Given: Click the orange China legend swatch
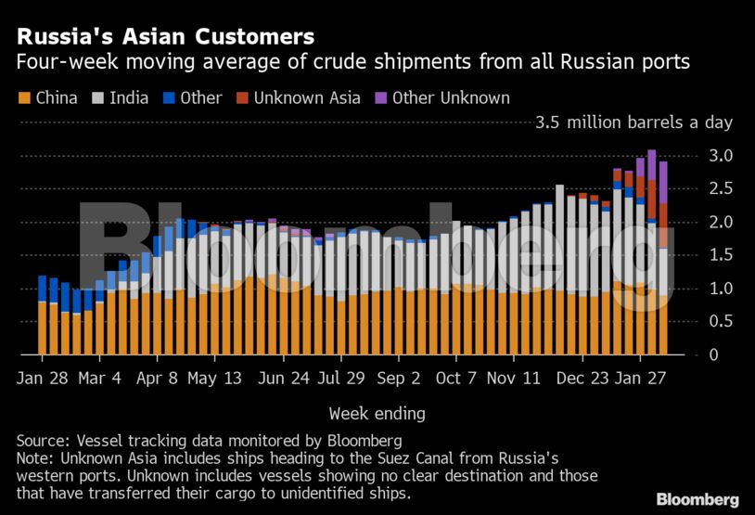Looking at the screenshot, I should pyautogui.click(x=23, y=97).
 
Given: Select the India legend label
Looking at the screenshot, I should pyautogui.click(x=129, y=97).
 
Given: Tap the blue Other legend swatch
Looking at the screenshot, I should pyautogui.click(x=169, y=97).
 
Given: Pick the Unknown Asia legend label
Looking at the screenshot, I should pyautogui.click(x=307, y=97).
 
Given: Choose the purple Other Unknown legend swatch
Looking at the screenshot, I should pyautogui.click(x=380, y=97).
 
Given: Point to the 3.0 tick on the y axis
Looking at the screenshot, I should pyautogui.click(x=721, y=155).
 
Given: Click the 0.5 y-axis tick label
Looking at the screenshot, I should pyautogui.click(x=721, y=322).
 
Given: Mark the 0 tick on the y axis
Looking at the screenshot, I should pyautogui.click(x=713, y=355).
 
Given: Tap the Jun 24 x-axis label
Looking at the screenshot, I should pyautogui.click(x=285, y=379).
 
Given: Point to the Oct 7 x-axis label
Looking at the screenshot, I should pyautogui.click(x=456, y=379).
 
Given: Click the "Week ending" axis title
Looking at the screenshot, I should pyautogui.click(x=377, y=413).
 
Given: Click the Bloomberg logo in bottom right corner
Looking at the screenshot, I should pyautogui.click(x=697, y=499).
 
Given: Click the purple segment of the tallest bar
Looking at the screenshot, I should pyautogui.click(x=652, y=163).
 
